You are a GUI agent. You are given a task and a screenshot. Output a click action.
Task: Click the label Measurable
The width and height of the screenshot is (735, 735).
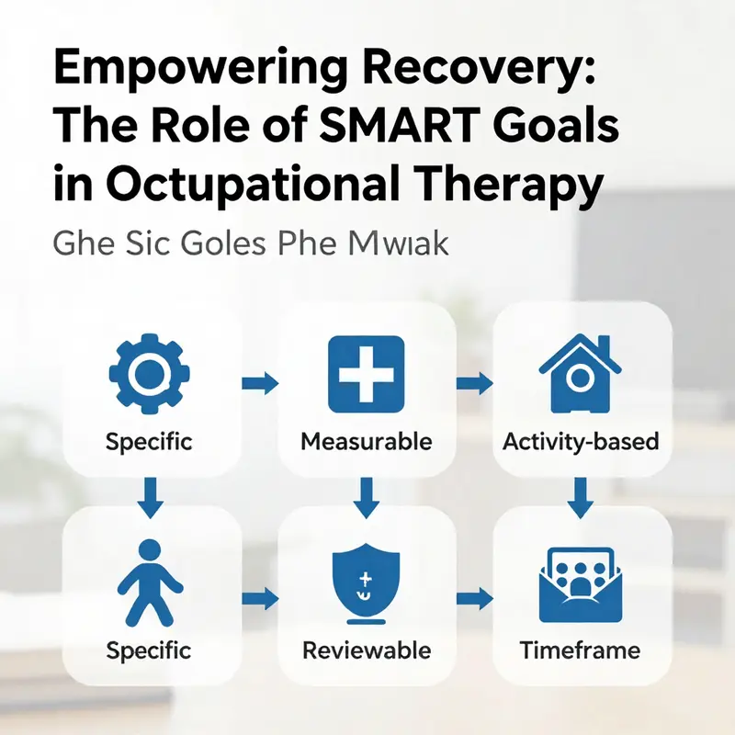pyautogui.click(x=366, y=441)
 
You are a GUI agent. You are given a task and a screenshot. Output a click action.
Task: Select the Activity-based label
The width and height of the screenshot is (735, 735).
pyautogui.click(x=581, y=441)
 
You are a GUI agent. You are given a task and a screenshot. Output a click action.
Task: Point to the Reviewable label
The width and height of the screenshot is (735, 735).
pyautogui.click(x=366, y=650)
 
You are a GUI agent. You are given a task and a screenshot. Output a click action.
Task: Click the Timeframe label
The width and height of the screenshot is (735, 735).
pyautogui.click(x=580, y=650)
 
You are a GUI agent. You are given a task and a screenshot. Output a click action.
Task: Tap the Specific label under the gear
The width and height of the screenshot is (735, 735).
pyautogui.click(x=149, y=441)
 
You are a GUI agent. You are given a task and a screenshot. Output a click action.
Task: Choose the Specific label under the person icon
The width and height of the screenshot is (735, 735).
pyautogui.click(x=149, y=650)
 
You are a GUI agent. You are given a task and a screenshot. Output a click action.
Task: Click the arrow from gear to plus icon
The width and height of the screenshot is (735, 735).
pyautogui.click(x=258, y=382)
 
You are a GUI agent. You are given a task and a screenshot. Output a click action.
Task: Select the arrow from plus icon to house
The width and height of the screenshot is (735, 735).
pyautogui.click(x=474, y=382)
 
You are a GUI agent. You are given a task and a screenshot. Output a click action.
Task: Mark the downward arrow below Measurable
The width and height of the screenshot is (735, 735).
pyautogui.click(x=367, y=496)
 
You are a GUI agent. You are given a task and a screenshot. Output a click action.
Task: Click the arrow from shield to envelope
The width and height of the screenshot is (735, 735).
pyautogui.click(x=474, y=599)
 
